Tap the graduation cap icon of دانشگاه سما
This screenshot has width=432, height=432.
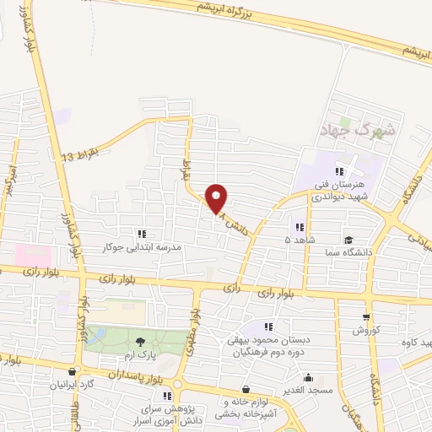coord(349,240)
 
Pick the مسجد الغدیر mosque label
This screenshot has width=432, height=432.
coord(308,391)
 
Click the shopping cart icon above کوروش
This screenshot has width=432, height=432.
coord(365,317)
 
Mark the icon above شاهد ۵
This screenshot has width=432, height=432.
coord(299,226)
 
